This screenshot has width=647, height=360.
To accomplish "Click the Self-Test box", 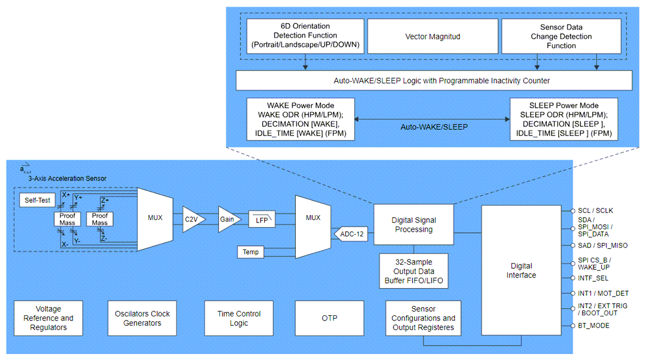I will [x=36, y=201].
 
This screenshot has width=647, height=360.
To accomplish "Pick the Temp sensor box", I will [x=251, y=252].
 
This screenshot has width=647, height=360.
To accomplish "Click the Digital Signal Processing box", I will [x=413, y=225].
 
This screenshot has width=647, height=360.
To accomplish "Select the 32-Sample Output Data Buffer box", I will [x=413, y=271].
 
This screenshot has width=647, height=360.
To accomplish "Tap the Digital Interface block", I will [x=521, y=271].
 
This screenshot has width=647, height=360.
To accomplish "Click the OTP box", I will [x=329, y=318].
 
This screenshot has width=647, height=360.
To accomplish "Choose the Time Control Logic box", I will [x=239, y=318].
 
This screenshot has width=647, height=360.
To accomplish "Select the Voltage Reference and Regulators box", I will [x=48, y=318].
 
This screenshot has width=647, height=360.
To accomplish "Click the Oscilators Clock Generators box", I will [x=142, y=318].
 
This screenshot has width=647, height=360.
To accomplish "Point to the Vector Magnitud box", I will [x=433, y=36].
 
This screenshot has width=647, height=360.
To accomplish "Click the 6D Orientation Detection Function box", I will [x=305, y=36].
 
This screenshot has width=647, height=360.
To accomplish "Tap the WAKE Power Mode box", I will [x=301, y=119].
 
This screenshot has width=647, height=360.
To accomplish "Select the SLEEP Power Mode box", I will [x=564, y=119].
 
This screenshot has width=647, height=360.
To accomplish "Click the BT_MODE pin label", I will [x=593, y=325].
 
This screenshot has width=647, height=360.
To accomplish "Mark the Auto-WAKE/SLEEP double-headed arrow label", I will [x=434, y=126].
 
